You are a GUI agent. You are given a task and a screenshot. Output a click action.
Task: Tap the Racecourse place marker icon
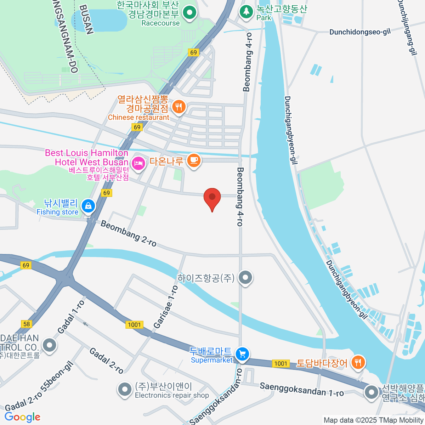(x=190, y=13)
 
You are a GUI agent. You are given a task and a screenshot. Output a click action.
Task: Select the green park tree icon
(x=246, y=12)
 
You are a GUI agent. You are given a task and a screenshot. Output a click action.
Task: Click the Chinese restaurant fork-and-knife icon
(x=179, y=106)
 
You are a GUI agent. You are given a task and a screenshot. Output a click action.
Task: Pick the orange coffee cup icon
(x=194, y=160)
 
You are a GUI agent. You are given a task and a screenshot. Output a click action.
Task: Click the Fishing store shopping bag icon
(x=88, y=206)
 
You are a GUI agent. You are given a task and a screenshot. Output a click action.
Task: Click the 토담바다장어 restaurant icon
(x=358, y=362)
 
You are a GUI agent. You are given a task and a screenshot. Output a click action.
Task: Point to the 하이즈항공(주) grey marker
(x=245, y=277)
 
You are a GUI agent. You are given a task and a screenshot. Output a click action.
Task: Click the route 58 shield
(x=27, y=324)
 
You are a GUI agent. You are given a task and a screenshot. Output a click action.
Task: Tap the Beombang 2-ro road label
(x=128, y=233)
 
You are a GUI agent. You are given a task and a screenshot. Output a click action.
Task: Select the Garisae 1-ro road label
(x=166, y=306)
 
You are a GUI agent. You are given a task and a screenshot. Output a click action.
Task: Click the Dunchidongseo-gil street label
(x=360, y=32)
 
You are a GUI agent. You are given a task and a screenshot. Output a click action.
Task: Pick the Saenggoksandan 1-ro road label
(x=301, y=389)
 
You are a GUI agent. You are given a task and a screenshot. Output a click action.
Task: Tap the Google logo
(x=22, y=417)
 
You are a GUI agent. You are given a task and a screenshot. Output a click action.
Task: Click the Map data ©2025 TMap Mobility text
(x=373, y=420)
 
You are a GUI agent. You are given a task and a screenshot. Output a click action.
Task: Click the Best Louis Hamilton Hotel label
(x=86, y=157)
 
